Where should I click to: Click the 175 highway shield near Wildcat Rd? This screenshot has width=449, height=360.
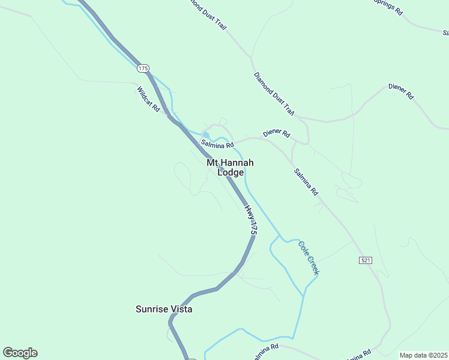[x=142, y=68]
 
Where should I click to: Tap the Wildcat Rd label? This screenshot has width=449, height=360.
[x=148, y=100]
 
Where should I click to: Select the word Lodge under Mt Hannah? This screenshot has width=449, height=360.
[x=231, y=172]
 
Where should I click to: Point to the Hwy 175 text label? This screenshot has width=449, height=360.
[x=251, y=220]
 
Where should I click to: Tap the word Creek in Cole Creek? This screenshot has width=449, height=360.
[x=313, y=265]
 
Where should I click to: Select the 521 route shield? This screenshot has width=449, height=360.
[x=366, y=260]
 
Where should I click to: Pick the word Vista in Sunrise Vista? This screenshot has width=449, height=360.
[x=181, y=309]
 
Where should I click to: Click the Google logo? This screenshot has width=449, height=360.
[x=20, y=353]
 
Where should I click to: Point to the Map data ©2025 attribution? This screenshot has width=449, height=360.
[x=423, y=355]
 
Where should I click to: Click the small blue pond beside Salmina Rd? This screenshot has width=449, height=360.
[x=206, y=134]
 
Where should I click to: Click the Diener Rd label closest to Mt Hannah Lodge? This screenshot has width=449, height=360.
[x=276, y=133]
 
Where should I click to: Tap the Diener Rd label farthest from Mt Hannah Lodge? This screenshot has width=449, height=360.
[x=401, y=91]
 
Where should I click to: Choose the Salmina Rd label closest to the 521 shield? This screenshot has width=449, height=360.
[x=306, y=182]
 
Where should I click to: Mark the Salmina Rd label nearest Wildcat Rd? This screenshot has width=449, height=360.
[x=217, y=144]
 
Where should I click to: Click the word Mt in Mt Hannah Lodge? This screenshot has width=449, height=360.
[x=211, y=163]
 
